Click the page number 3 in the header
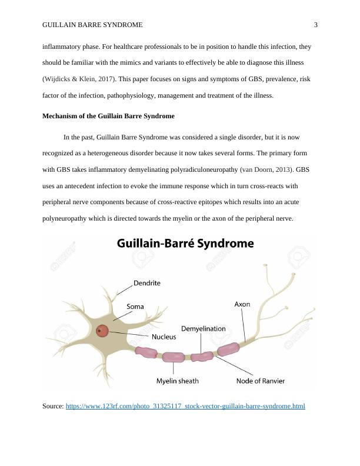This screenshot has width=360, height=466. (316, 25)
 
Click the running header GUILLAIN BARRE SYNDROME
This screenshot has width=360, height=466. (92, 25)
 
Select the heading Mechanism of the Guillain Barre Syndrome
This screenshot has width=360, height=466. (108, 116)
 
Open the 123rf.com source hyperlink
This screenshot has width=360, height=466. (185, 406)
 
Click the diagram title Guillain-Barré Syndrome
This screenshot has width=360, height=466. (185, 243)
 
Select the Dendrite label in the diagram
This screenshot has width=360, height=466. (146, 283)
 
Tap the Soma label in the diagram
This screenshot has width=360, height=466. (135, 307)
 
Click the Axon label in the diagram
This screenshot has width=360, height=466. (242, 304)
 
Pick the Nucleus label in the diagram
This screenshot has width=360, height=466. (164, 337)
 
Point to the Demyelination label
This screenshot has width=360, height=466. (203, 328)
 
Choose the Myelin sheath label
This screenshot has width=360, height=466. (177, 381)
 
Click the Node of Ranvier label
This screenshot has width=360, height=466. (261, 381)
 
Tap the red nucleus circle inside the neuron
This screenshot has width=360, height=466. (102, 331)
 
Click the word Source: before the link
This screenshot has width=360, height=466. (53, 406)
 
